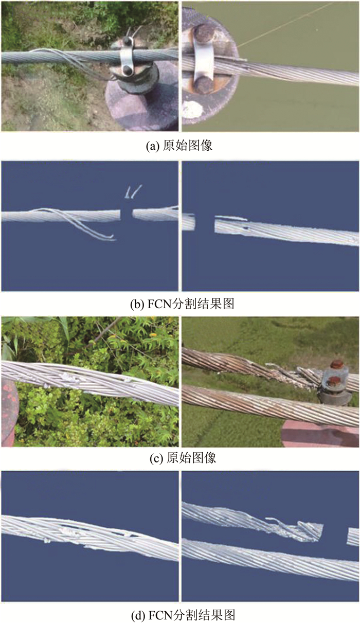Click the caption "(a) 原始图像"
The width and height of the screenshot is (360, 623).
(179, 146)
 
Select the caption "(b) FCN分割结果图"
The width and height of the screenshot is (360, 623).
(182, 304)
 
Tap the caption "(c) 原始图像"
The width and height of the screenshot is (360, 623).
(183, 458)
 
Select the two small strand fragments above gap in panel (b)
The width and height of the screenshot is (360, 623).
(133, 192)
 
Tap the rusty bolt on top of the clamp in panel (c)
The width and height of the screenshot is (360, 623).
(337, 364)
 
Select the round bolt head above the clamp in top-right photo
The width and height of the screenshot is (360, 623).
(202, 34)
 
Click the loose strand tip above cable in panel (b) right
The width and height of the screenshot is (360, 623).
(231, 218)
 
